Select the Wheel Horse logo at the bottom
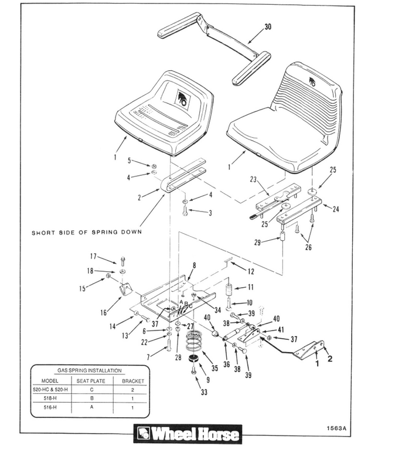tap(187, 434)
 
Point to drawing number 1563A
tap(337, 427)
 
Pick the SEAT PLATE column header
tap(90, 380)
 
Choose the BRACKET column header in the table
tap(133, 380)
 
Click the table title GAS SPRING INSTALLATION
tap(90, 370)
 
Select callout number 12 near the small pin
tap(251, 271)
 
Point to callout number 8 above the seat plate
tap(194, 265)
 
